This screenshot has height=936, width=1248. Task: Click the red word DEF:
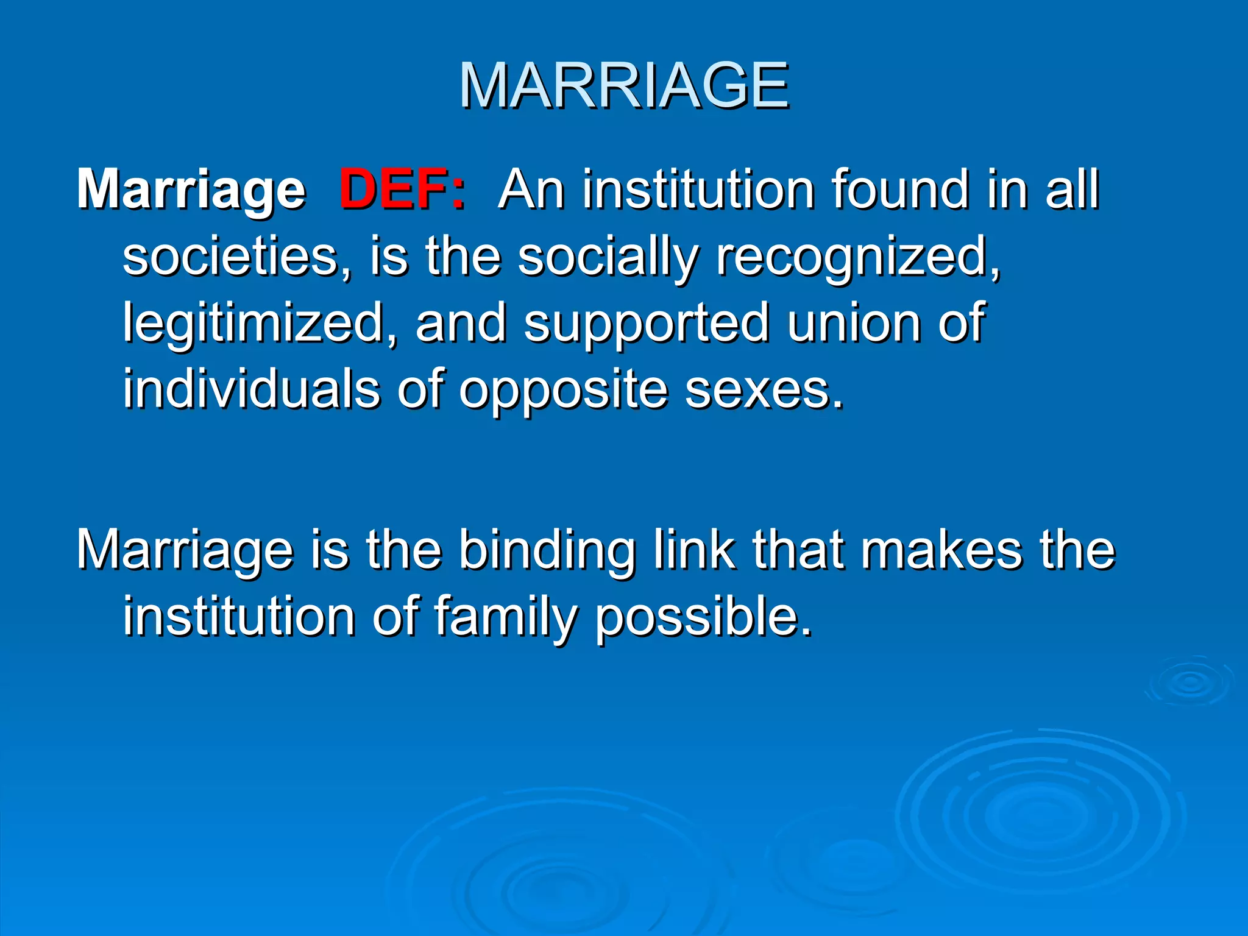tap(402, 190)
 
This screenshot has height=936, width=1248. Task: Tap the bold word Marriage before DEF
tap(191, 191)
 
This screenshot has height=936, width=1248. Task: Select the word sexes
tap(764, 390)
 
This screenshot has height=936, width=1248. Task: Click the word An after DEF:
tap(531, 190)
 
